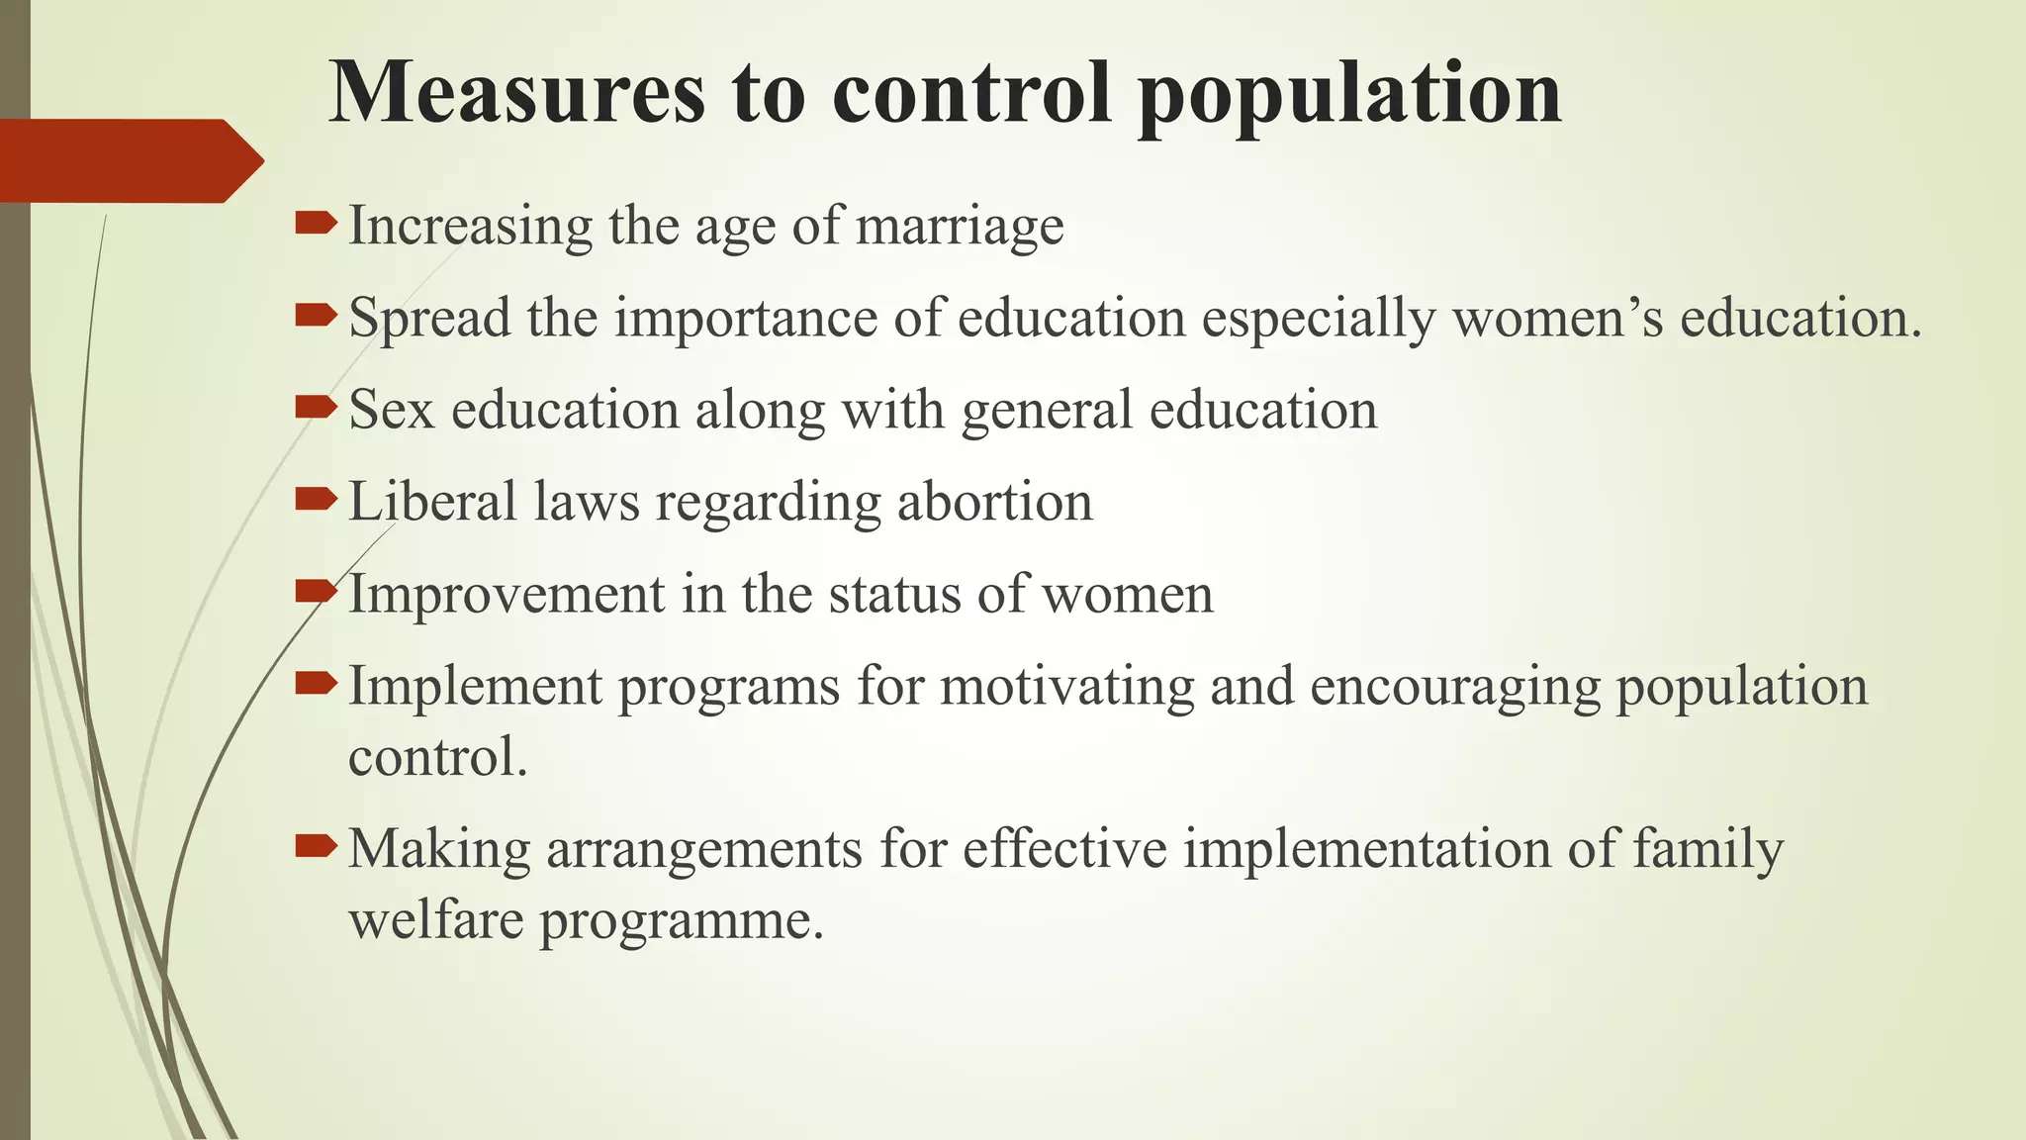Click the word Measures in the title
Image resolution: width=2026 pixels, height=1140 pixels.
pyautogui.click(x=516, y=93)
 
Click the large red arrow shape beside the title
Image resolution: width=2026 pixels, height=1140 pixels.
pyautogui.click(x=129, y=160)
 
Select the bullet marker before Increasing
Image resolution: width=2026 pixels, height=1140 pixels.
pyautogui.click(x=317, y=225)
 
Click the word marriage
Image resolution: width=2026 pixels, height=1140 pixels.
pyautogui.click(x=960, y=227)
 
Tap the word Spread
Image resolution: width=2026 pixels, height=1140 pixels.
pyautogui.click(x=430, y=319)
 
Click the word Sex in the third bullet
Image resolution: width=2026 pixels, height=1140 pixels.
pyautogui.click(x=392, y=410)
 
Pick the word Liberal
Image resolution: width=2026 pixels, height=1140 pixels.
pyautogui.click(x=432, y=502)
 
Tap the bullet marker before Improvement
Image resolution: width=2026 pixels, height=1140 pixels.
pyautogui.click(x=317, y=593)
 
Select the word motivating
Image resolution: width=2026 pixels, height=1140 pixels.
pyautogui.click(x=1066, y=687)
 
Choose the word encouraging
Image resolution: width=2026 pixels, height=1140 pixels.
pyautogui.click(x=1454, y=687)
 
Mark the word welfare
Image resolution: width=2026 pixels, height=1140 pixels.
pyautogui.click(x=436, y=920)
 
